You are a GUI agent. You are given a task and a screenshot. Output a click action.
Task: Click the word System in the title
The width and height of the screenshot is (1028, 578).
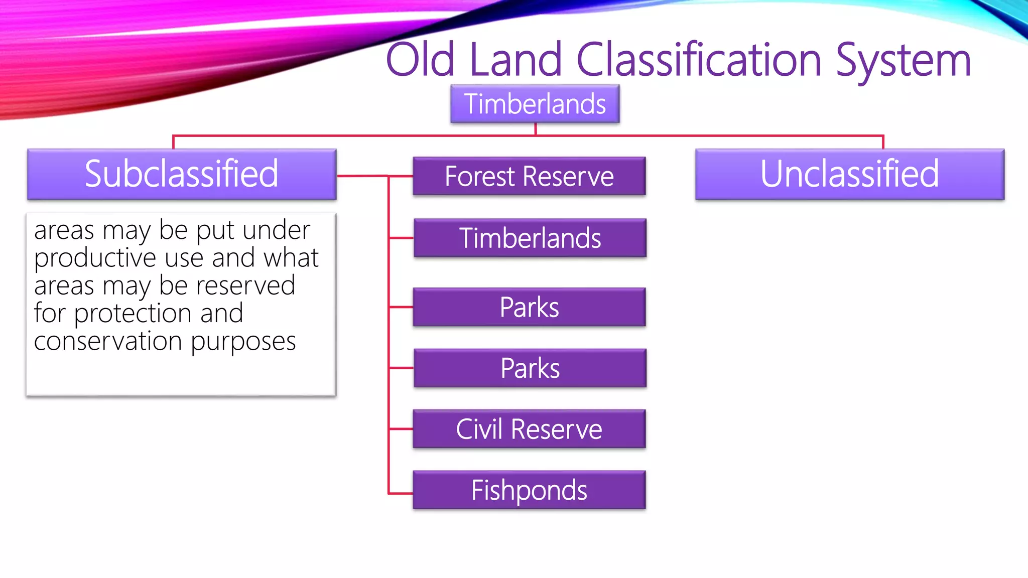coord(903,60)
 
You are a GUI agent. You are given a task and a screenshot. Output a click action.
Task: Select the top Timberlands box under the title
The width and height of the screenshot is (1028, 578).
coord(535,104)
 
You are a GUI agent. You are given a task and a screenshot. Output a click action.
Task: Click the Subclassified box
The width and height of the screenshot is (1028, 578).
coord(182,174)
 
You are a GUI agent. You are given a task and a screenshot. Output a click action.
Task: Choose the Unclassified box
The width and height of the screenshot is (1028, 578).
coord(850,174)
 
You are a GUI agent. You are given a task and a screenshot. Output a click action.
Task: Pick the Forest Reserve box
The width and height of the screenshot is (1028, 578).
coord(529,176)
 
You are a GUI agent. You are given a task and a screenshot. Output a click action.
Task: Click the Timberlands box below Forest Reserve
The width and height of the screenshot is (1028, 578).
coord(530,238)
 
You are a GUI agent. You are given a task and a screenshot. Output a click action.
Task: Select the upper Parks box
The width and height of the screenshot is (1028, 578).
coord(529,307)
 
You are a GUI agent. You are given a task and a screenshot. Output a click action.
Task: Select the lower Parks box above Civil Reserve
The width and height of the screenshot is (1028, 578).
coord(530,368)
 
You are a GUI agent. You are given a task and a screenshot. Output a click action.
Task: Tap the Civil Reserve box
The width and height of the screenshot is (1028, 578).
coord(529,429)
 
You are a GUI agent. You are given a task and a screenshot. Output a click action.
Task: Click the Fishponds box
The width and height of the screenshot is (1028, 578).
coord(529,490)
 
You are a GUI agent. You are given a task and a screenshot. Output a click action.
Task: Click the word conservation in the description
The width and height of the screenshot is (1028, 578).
coord(108,341)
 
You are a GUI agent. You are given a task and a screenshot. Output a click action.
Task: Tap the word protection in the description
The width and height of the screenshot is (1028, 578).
coord(133,314)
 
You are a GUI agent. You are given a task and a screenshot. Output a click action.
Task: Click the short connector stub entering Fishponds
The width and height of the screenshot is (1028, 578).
coord(401,494)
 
